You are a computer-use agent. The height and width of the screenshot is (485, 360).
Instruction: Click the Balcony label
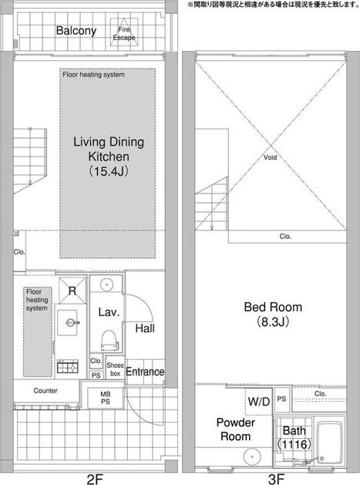coord(76,31)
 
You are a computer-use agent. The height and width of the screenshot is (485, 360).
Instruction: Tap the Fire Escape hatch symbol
coord(124,32)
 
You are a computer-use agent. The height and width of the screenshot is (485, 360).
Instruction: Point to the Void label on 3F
coord(270,157)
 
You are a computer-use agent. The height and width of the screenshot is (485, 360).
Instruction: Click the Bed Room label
coord(273,307)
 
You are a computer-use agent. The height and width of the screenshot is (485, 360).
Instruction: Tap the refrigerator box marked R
coord(72,291)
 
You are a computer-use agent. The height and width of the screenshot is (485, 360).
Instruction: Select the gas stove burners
coord(67,367)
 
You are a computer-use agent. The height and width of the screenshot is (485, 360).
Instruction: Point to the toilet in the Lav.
coord(109,341)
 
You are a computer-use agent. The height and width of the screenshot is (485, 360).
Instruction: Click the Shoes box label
coord(115,369)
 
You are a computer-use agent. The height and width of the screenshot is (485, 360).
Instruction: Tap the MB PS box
coord(106,398)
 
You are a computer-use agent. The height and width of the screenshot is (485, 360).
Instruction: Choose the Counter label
coord(45,391)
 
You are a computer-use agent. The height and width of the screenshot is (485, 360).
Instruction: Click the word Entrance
coord(145,372)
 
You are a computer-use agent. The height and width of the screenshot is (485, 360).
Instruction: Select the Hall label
coord(145,328)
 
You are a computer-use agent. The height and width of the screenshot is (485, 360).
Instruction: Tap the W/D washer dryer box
coord(259,402)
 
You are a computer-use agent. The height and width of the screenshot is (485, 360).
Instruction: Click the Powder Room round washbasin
coord(252,456)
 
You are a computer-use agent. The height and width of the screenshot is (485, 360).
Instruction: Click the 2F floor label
coord(95,479)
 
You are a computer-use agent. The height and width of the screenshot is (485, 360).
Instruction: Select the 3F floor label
coord(276,479)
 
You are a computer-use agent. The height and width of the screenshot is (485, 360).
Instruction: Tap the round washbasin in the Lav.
coord(106,285)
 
